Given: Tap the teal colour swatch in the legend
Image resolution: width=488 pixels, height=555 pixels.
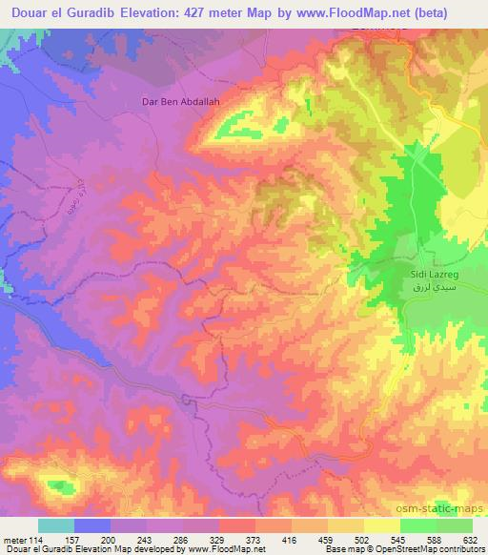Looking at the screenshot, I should coord(55,525).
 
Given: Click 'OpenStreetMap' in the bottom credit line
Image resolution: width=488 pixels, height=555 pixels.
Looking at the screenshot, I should coord(424,548).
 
